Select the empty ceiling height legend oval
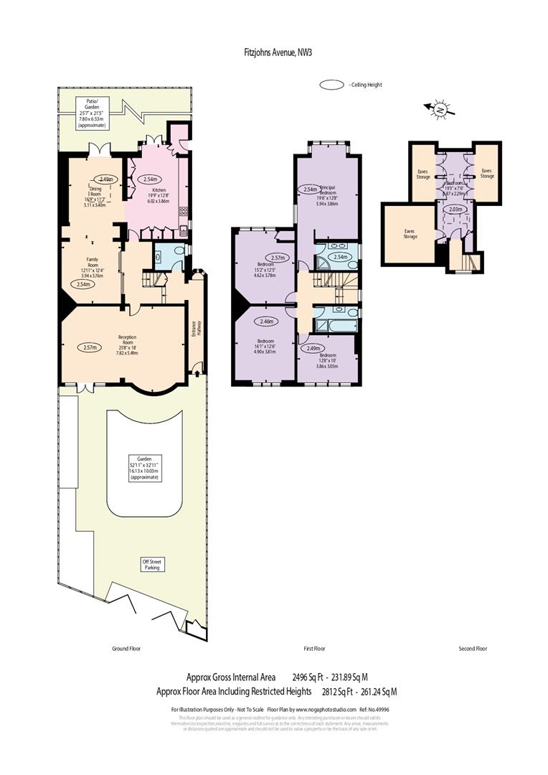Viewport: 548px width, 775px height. point(332,85)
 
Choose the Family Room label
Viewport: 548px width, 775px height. point(92,260)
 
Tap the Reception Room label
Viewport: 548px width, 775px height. point(127,339)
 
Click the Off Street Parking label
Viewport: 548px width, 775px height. point(151,565)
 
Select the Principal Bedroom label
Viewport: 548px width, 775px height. point(327,191)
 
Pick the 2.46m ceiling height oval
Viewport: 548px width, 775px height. point(268,322)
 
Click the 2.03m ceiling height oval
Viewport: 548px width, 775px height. point(455,210)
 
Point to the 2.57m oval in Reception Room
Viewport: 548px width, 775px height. point(91,347)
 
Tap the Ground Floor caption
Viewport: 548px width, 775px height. point(126,649)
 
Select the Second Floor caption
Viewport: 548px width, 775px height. point(473,649)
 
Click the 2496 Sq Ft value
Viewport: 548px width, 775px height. point(309,677)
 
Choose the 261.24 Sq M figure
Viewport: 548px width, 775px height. point(379,692)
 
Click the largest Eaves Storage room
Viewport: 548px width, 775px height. point(410,233)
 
